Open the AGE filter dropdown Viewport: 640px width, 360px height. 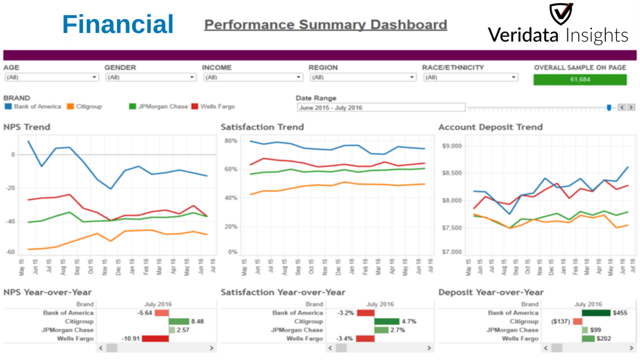tap(51, 77)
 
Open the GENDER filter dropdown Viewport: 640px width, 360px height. tap(151, 77)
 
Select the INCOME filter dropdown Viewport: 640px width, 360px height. tap(252, 77)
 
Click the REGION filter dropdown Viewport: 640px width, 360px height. tap(362, 77)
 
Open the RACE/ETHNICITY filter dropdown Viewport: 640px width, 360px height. tap(470, 77)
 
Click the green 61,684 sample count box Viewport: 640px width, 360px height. tap(580, 79)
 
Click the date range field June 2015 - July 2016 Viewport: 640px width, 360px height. tap(381, 108)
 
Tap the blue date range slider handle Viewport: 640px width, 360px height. tap(609, 108)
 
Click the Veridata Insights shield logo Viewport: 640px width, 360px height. tap(561, 14)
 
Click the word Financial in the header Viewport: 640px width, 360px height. tap(118, 25)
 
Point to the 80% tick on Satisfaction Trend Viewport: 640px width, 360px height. tap(230, 141)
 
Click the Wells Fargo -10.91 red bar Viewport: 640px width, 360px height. tap(155, 339)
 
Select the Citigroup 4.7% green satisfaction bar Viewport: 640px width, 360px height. tap(386, 322)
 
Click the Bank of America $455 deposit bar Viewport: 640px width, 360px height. tap(596, 313)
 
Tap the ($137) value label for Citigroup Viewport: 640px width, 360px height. tap(560, 322)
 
